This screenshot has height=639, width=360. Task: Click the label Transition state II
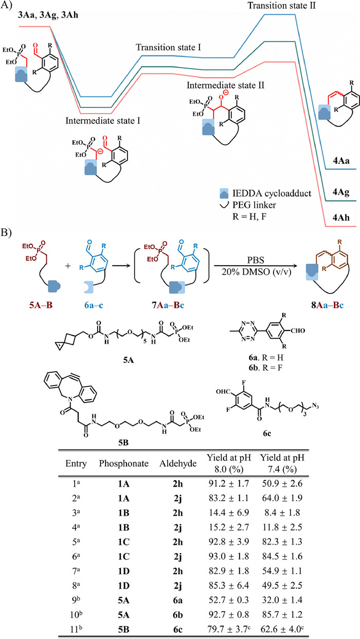(281, 6)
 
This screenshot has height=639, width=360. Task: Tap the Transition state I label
(168, 47)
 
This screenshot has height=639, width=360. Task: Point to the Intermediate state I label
(103, 121)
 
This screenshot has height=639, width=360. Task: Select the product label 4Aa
(341, 161)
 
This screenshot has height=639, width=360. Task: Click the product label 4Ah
(341, 217)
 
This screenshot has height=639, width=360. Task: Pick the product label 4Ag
(341, 192)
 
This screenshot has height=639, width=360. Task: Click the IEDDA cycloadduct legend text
(272, 193)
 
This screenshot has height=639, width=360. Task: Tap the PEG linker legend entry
(254, 205)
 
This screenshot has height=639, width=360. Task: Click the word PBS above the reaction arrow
(256, 260)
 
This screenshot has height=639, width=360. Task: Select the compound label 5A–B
(41, 305)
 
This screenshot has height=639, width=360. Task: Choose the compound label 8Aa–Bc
(328, 305)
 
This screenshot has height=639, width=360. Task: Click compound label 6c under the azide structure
(267, 433)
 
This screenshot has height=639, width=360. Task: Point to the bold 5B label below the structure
(123, 443)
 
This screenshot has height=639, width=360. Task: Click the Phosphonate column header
(123, 464)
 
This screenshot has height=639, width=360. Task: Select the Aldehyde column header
(178, 464)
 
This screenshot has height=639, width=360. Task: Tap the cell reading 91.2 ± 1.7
(229, 484)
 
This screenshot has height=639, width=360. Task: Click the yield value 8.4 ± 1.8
(282, 513)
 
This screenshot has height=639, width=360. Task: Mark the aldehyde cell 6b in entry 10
(177, 614)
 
